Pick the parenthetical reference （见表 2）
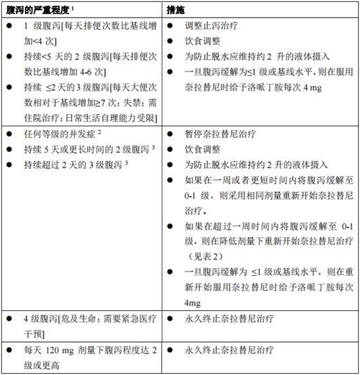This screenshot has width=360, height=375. click(206, 257)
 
